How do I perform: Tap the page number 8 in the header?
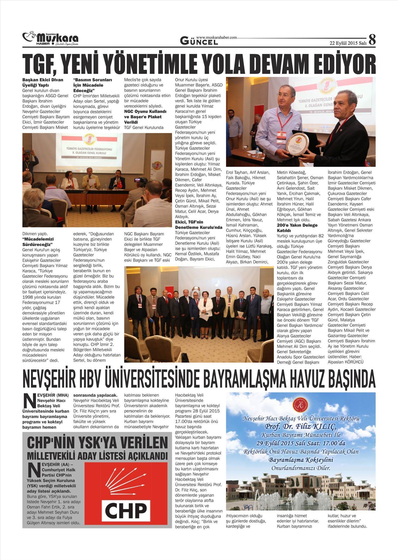pyautogui.click(x=372, y=40)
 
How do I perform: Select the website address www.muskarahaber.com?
pyautogui.click(x=217, y=38)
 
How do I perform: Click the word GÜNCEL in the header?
pyautogui.click(x=199, y=41)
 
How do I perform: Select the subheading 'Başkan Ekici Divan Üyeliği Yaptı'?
pyautogui.click(x=42, y=83)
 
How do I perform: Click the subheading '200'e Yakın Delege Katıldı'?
pyautogui.click(x=297, y=228)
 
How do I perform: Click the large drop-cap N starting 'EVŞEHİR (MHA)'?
pyautogui.click(x=29, y=401)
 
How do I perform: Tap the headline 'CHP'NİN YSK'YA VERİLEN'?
pyautogui.click(x=97, y=443)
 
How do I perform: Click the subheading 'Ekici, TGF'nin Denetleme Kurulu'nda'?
pyautogui.click(x=198, y=225)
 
